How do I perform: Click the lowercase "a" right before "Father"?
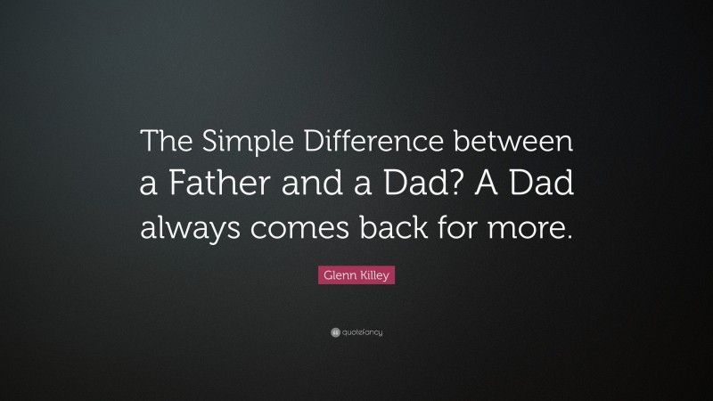pos(150,186)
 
